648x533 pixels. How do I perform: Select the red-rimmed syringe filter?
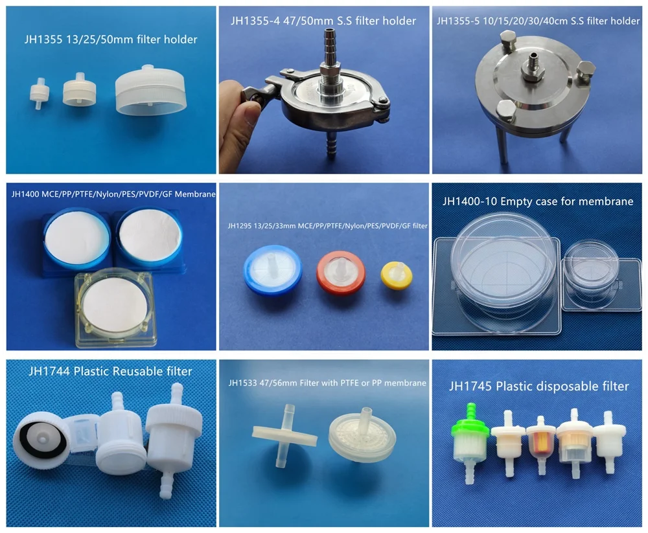point(340,271)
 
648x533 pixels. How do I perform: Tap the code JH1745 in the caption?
point(470,387)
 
